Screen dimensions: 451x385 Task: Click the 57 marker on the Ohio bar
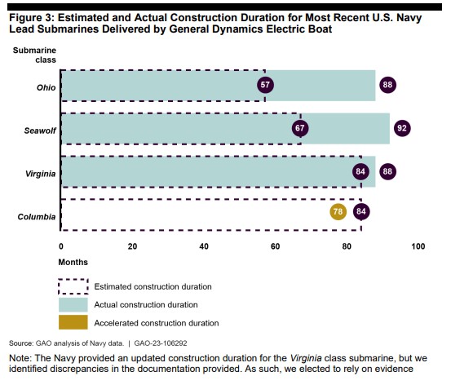click(x=265, y=85)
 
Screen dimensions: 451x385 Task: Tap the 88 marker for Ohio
click(x=387, y=85)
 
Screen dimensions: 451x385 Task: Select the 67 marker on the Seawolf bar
click(x=300, y=128)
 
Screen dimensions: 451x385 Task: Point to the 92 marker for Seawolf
click(x=402, y=128)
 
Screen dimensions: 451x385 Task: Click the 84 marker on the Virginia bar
click(x=360, y=172)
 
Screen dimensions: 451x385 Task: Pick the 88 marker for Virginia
click(x=387, y=172)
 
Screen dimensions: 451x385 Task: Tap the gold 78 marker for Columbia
click(x=338, y=212)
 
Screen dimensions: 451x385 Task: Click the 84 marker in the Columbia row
click(x=361, y=212)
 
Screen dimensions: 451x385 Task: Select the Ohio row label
click(x=46, y=87)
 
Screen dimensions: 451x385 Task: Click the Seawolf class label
click(x=40, y=131)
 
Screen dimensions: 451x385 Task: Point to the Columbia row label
click(x=37, y=217)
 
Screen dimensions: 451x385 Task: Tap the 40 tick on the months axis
click(x=204, y=246)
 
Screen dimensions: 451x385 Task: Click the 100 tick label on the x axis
click(x=418, y=246)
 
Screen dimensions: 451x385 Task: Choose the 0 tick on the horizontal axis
click(x=61, y=246)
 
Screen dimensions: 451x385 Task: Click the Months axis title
click(x=73, y=262)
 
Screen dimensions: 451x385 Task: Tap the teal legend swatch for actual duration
click(x=73, y=305)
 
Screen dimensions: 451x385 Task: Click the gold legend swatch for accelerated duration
click(x=73, y=322)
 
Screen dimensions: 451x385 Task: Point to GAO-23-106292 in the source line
click(x=161, y=343)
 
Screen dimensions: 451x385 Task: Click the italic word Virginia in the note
click(x=306, y=359)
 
